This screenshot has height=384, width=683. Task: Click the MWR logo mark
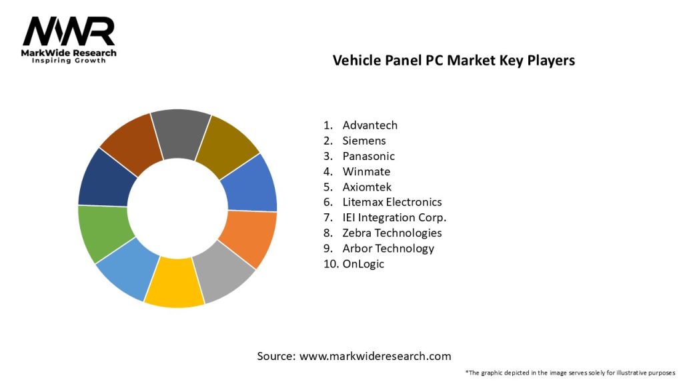(69, 31)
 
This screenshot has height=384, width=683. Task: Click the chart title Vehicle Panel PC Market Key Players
(454, 60)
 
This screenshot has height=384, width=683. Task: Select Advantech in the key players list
(370, 125)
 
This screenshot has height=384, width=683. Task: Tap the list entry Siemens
(364, 141)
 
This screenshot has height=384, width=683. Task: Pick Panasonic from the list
(368, 156)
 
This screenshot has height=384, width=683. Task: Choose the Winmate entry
(366, 171)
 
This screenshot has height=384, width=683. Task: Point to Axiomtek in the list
(367, 187)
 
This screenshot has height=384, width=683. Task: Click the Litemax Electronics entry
(392, 202)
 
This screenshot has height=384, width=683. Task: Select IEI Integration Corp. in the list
(394, 217)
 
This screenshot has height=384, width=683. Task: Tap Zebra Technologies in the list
(392, 233)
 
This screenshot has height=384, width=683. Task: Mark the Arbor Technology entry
(388, 248)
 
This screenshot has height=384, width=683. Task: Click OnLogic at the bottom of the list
(363, 263)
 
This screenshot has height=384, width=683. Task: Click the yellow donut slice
(173, 283)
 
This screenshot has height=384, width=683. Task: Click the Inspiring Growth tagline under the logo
(69, 61)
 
